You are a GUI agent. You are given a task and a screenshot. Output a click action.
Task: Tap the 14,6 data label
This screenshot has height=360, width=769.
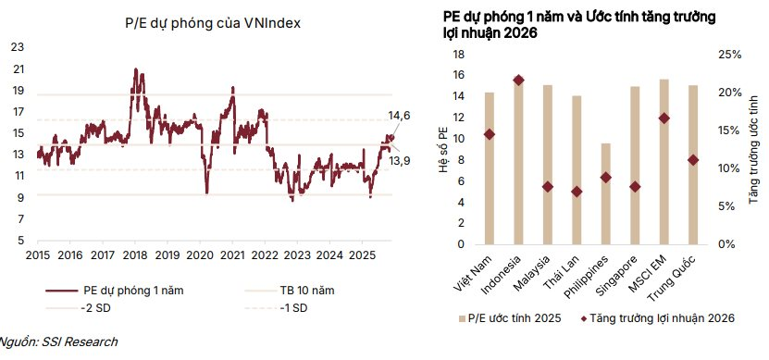coord(399,116)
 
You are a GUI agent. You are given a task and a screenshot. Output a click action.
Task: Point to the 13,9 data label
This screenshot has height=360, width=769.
coord(399,159)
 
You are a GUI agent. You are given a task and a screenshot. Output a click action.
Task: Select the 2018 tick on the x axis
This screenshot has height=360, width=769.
coord(135,254)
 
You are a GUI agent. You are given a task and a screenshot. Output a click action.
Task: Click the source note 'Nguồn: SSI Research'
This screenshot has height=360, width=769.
coord(57,342)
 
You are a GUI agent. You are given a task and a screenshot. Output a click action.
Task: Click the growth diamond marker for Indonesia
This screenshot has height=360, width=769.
coord(518,81)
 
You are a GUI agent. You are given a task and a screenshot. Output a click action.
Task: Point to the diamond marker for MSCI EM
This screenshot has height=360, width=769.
coord(664,118)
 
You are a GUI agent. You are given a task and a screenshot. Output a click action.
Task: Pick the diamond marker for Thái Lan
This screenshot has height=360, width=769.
coord(577,192)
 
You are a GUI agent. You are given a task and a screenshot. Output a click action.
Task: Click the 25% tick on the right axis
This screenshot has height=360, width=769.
coord(730,55)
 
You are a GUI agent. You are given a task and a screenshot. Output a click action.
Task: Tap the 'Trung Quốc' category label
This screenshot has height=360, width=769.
coord(689,270)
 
